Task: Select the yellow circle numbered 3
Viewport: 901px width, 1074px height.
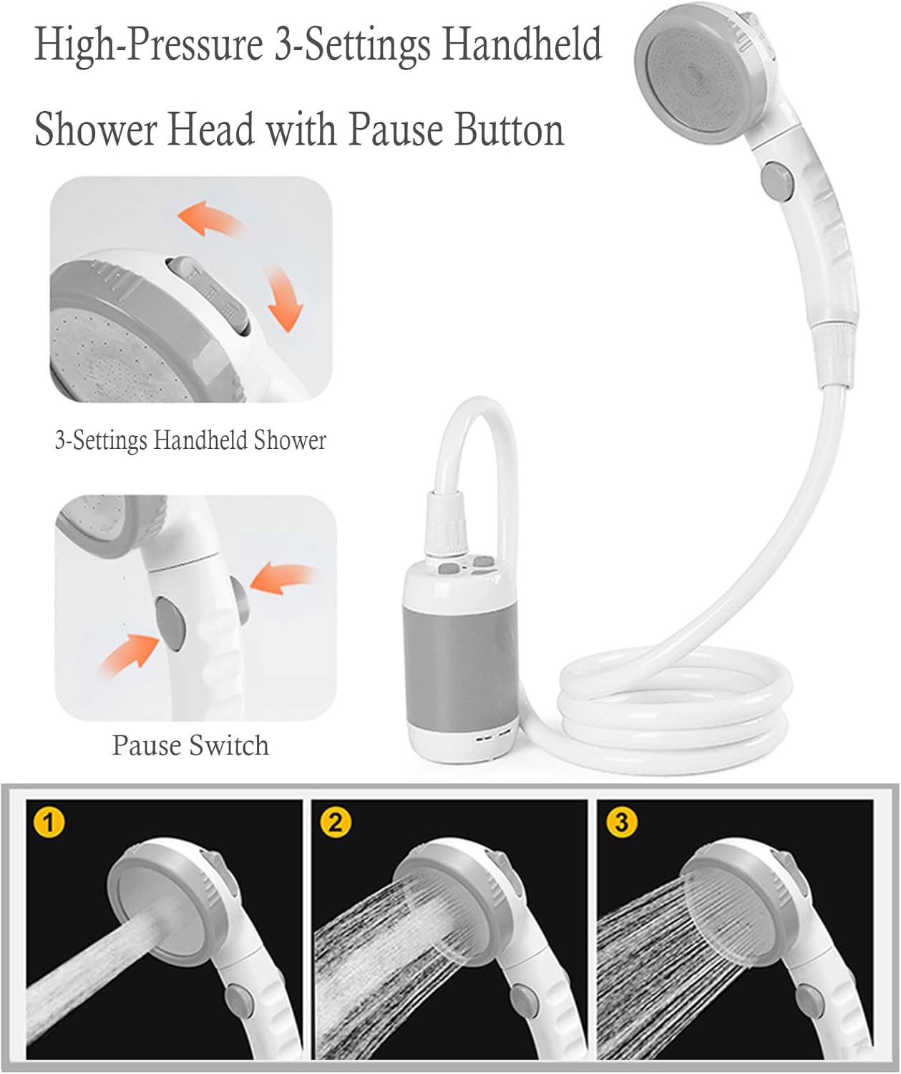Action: point(621,822)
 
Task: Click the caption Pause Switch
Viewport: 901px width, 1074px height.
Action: point(190,745)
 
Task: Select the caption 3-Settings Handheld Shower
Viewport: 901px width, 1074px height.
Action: point(190,440)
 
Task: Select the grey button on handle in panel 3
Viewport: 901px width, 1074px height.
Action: point(809,997)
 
